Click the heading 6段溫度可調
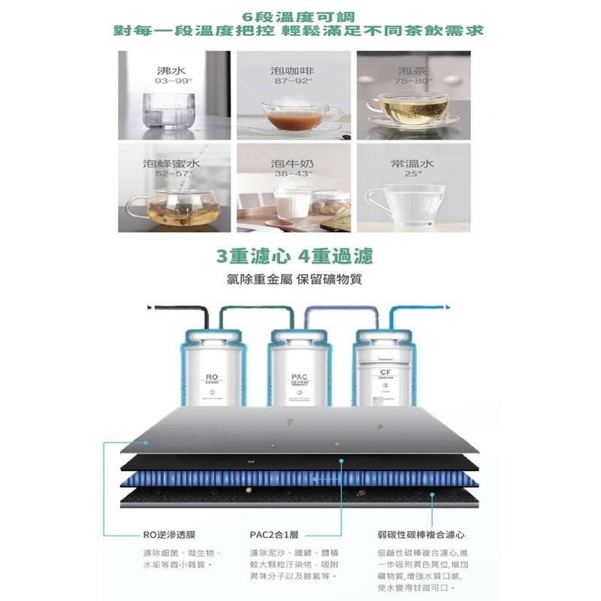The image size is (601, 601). pyautogui.click(x=300, y=15)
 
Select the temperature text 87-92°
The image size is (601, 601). pyautogui.click(x=291, y=80)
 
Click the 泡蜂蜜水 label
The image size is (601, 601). pyautogui.click(x=171, y=163)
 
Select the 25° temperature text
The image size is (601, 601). pyautogui.click(x=412, y=174)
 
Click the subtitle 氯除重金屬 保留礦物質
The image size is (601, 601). pyautogui.click(x=294, y=280)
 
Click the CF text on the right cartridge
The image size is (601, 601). pyautogui.click(x=385, y=372)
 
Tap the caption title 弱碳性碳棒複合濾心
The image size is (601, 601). pyautogui.click(x=421, y=535)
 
